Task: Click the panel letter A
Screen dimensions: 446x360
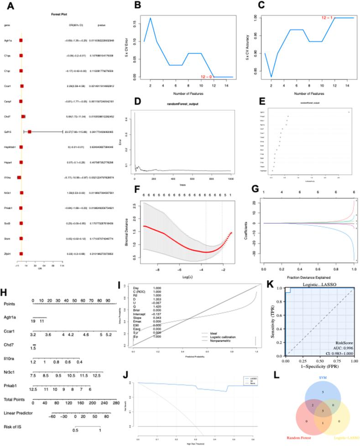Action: pyautogui.click(x=10, y=6)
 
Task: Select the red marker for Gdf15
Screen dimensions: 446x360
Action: pyautogui.click(x=30, y=132)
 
